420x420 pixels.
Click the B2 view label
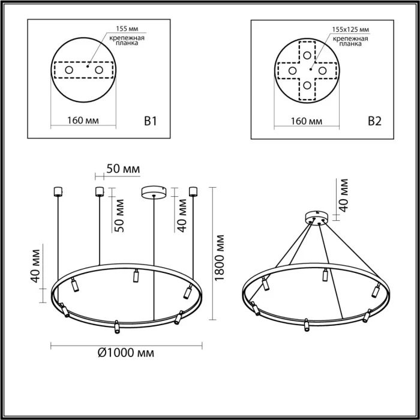(x=374, y=121)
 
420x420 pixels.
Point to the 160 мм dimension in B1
(x=83, y=121)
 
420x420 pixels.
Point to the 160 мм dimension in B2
(x=306, y=121)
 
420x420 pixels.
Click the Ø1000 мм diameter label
(x=125, y=353)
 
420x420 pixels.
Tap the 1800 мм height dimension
(x=220, y=256)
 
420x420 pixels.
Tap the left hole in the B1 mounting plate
(x=68, y=71)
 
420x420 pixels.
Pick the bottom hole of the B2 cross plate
(x=307, y=85)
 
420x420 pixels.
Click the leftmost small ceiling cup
(x=58, y=191)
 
